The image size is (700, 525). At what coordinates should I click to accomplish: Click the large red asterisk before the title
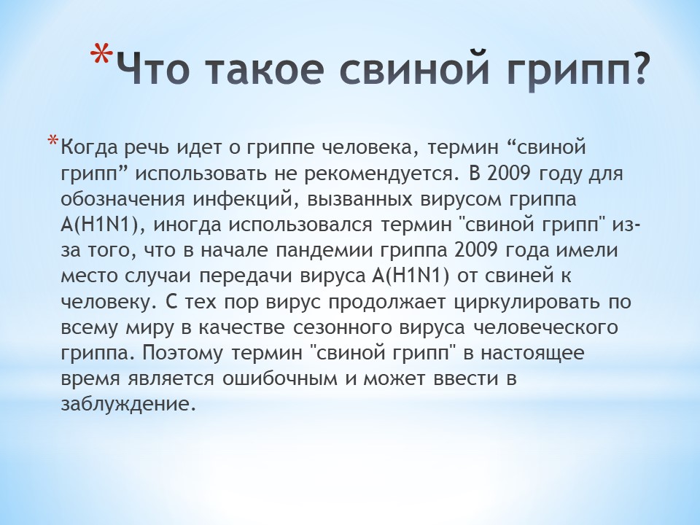tap(102, 55)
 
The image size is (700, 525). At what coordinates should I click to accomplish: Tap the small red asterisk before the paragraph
tap(52, 140)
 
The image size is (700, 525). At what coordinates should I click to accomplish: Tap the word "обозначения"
tap(122, 200)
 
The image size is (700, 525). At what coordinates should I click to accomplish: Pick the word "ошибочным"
tap(279, 379)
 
